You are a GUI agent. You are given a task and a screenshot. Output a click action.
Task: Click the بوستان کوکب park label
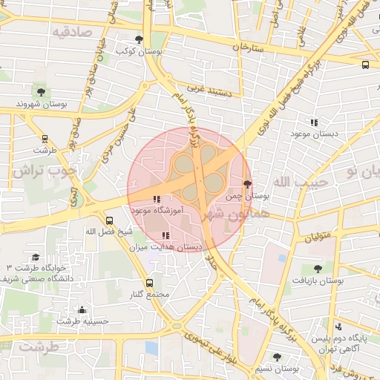[140, 52]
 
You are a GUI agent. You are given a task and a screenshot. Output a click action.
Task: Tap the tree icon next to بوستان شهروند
[40, 92]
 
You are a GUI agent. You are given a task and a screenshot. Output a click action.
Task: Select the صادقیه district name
[71, 32]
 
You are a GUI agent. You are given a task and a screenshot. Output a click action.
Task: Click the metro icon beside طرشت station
[45, 138]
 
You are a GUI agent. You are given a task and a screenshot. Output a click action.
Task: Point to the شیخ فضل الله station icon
[110, 220]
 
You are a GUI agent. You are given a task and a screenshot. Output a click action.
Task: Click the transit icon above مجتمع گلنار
[150, 283]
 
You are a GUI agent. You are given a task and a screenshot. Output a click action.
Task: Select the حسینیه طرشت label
[82, 321]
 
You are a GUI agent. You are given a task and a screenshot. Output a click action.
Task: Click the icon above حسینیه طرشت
[82, 309]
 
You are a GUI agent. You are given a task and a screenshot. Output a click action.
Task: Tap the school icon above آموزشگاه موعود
[156, 199]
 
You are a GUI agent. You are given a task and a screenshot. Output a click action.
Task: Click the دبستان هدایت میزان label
[166, 246]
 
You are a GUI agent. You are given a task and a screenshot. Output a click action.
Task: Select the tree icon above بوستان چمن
[247, 183]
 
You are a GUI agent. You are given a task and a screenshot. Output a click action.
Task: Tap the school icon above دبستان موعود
[314, 122]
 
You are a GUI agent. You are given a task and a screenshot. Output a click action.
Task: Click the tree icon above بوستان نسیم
[277, 357]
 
